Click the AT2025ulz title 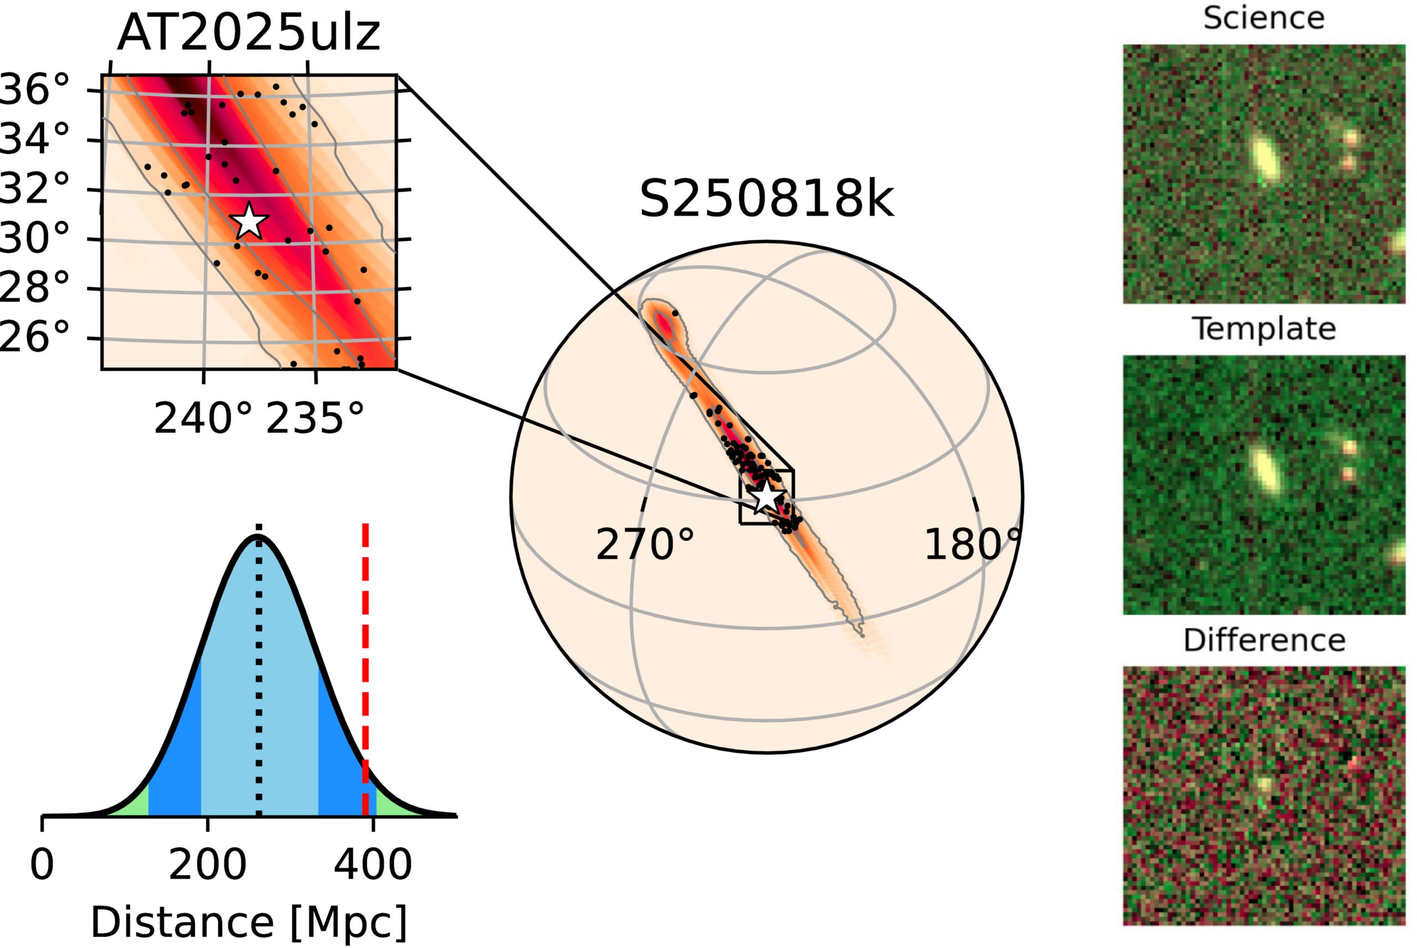[249, 33]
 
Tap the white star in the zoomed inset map [249, 221]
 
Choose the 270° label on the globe [645, 545]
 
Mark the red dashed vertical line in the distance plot [365, 665]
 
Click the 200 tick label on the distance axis [208, 864]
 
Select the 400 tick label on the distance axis [373, 864]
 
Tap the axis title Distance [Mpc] [249, 923]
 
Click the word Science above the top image [1264, 18]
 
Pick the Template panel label [1264, 329]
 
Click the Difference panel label [1264, 640]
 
